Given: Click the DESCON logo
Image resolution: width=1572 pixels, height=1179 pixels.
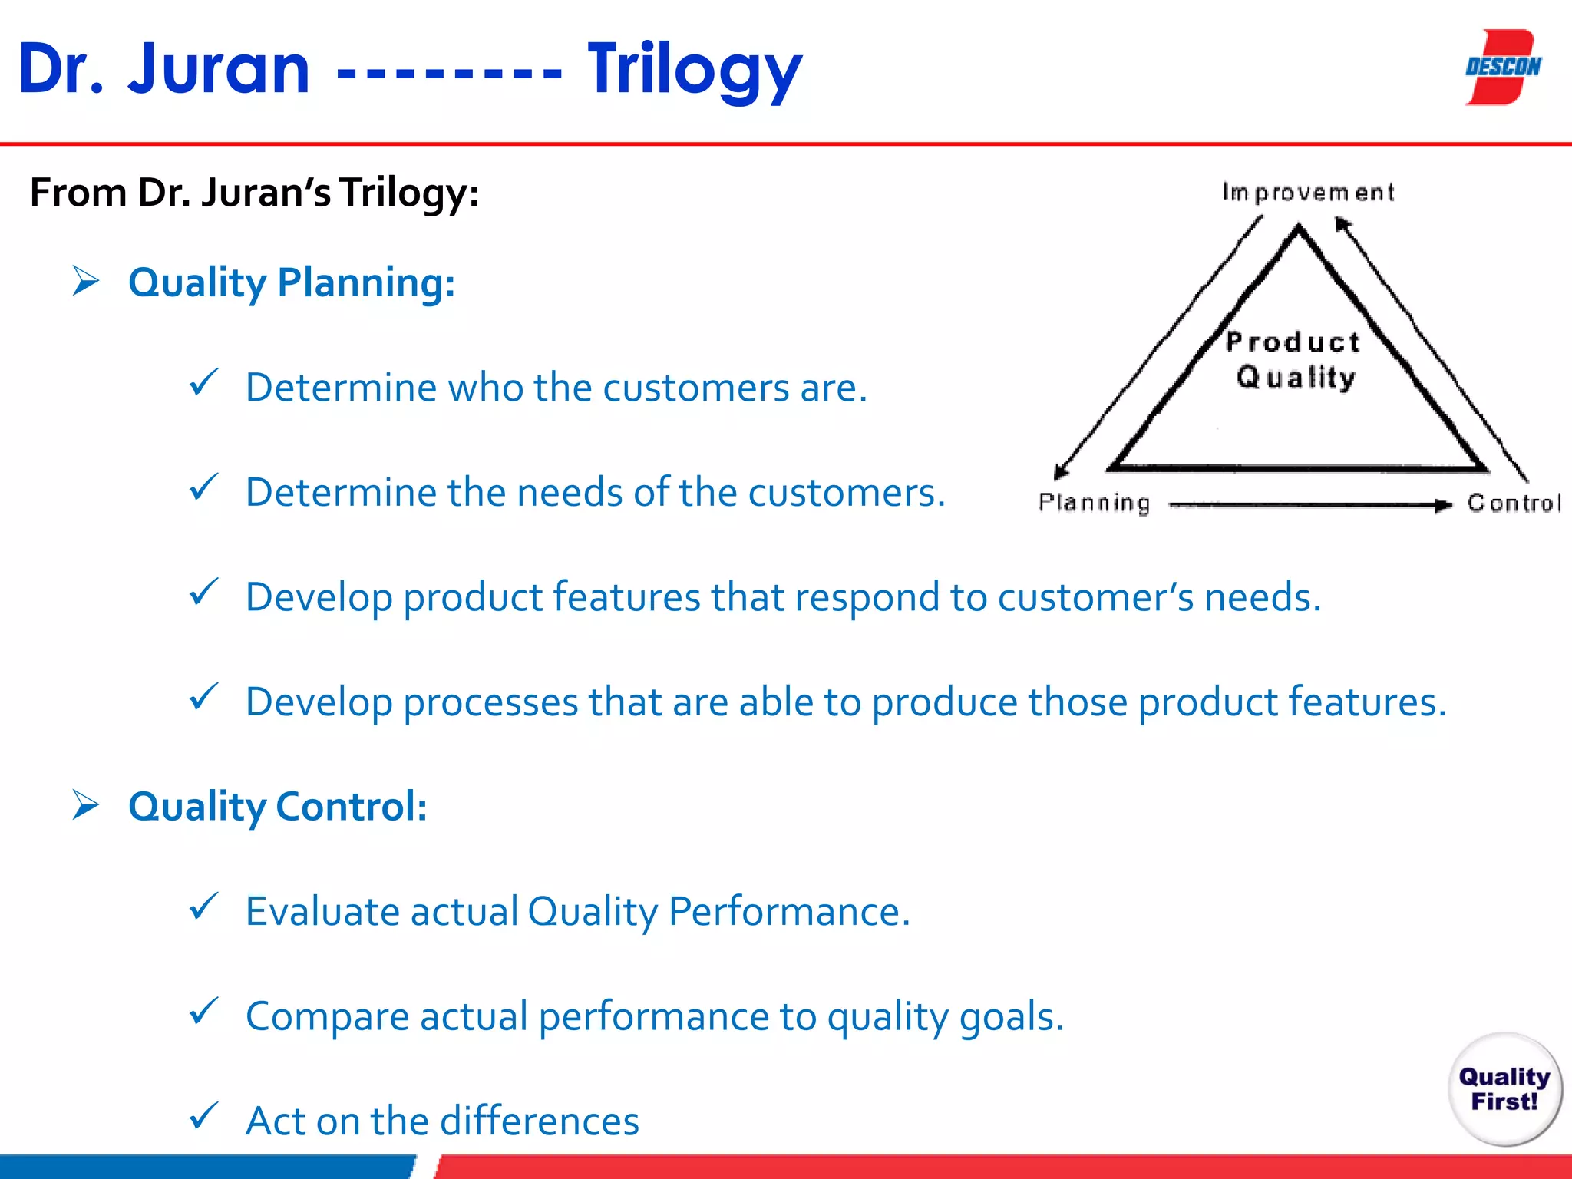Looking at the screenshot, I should (x=1502, y=68).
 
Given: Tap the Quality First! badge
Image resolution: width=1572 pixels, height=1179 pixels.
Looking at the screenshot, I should (x=1504, y=1088).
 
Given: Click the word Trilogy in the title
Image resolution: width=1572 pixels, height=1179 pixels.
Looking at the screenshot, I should (x=695, y=71).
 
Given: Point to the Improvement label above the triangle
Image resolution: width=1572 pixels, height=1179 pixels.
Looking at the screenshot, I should (x=1307, y=192).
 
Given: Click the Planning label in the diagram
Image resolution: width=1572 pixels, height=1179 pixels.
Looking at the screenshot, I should (x=1094, y=503).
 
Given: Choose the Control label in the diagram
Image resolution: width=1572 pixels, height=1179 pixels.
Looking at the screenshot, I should (x=1513, y=503).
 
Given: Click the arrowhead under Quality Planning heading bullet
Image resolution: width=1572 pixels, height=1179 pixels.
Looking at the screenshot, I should (x=86, y=281).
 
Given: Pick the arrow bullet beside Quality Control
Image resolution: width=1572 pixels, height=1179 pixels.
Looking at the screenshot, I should (x=86, y=805).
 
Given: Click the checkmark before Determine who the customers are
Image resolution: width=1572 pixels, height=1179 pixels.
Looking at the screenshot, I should (x=203, y=381).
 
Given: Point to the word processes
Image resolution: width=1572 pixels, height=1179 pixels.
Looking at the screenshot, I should (x=490, y=702).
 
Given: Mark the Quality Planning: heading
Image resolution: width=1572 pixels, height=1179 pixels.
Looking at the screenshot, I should (x=292, y=282).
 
